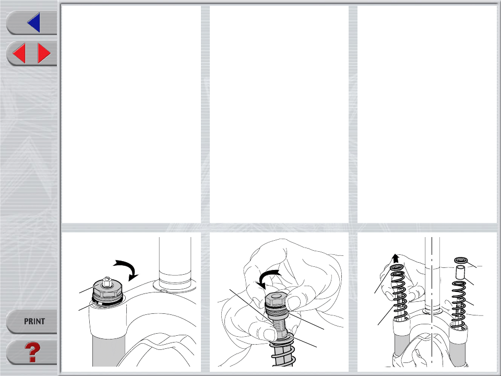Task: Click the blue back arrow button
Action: click(34, 22)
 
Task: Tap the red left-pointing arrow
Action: click(19, 53)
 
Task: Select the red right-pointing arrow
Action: click(44, 53)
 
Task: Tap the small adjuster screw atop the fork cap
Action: click(107, 281)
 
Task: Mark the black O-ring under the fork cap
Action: click(107, 302)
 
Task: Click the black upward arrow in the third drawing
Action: click(396, 258)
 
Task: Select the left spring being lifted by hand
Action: click(400, 295)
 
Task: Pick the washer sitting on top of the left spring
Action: click(398, 267)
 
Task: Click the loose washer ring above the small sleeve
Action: click(461, 260)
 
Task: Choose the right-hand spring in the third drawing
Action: click(459, 301)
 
